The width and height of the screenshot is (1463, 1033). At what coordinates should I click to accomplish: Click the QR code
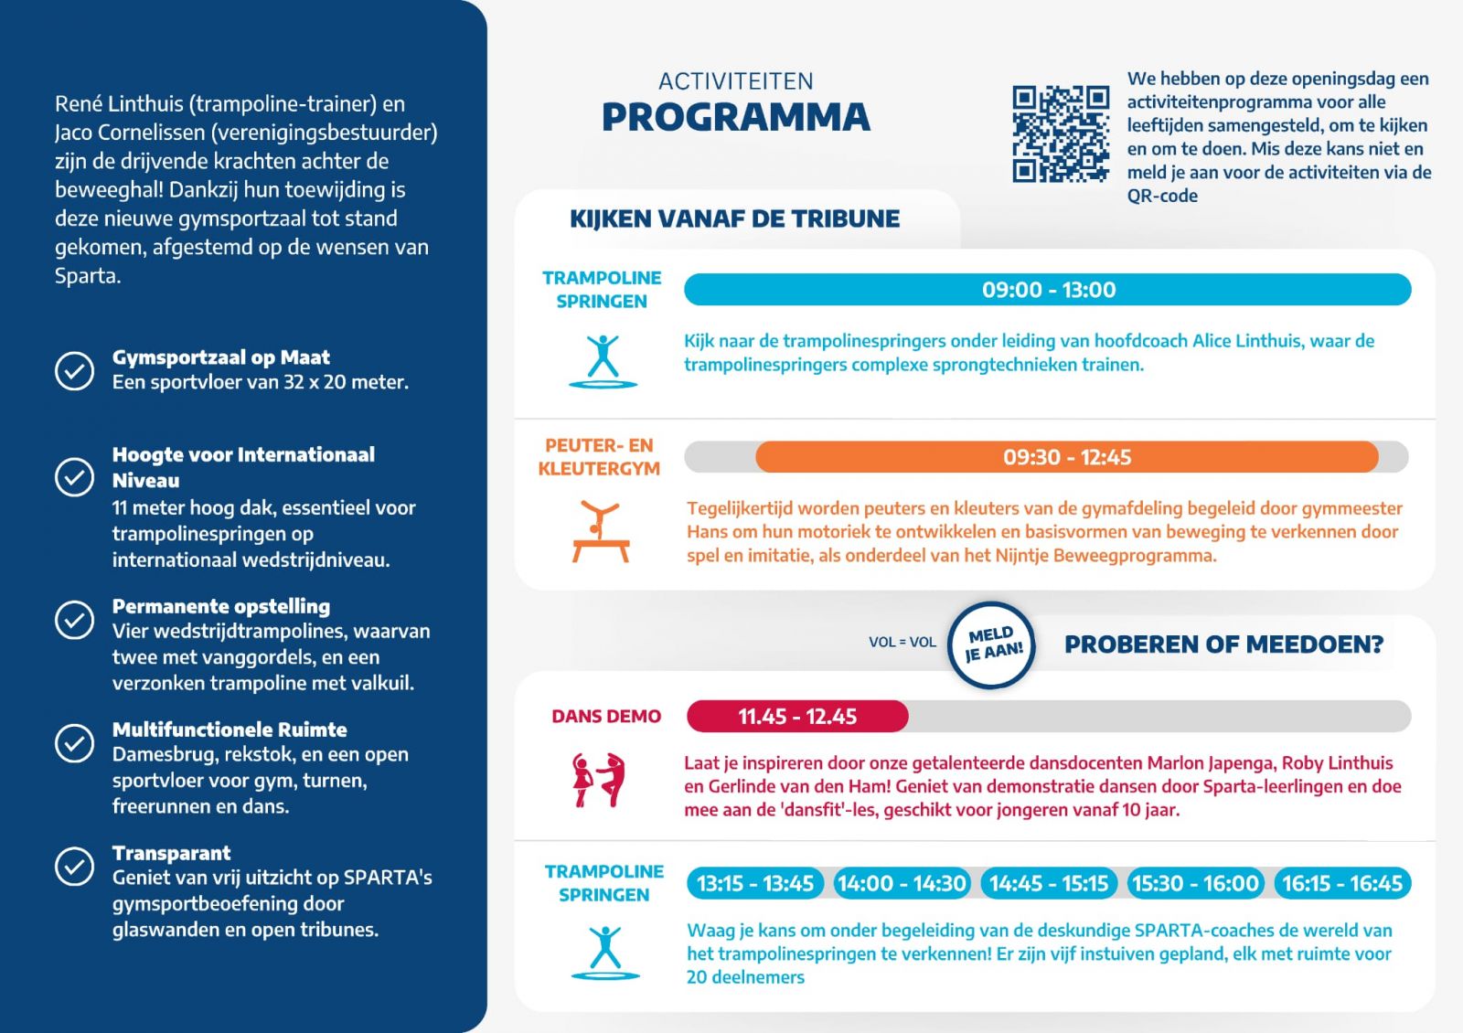(1061, 133)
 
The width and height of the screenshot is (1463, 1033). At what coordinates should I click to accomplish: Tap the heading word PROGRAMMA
(736, 117)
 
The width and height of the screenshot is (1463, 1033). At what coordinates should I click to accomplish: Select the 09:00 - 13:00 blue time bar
(1048, 290)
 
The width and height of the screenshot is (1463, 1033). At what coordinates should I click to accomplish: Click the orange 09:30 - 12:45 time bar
(1066, 457)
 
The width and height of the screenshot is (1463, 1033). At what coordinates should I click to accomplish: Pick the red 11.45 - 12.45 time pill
(797, 717)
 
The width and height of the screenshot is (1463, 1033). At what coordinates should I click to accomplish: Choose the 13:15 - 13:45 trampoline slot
(755, 883)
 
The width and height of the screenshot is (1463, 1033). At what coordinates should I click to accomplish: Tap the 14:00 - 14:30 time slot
(902, 883)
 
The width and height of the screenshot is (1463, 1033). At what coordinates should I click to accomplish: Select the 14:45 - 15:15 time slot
(1049, 883)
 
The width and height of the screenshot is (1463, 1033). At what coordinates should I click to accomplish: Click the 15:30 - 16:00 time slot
(1195, 883)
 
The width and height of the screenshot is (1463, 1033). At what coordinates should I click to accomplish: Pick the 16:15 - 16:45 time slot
(1342, 883)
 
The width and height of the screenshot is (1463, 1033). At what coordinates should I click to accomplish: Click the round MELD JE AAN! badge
(992, 644)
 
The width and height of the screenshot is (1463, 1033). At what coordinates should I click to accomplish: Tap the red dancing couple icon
(599, 780)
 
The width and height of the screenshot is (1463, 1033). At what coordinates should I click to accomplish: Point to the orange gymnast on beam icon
(601, 531)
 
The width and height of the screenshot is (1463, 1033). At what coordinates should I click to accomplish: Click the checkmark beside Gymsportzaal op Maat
(74, 370)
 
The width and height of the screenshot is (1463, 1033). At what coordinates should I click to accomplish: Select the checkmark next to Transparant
(74, 866)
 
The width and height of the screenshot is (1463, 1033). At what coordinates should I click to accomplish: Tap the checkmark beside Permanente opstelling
(74, 620)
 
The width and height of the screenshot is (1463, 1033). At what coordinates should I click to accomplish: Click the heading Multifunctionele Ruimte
(230, 729)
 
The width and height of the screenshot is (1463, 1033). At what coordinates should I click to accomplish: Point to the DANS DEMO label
(606, 717)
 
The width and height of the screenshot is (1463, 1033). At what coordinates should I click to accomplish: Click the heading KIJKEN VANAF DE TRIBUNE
(734, 218)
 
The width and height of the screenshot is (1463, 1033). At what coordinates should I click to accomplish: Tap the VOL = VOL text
(902, 642)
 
